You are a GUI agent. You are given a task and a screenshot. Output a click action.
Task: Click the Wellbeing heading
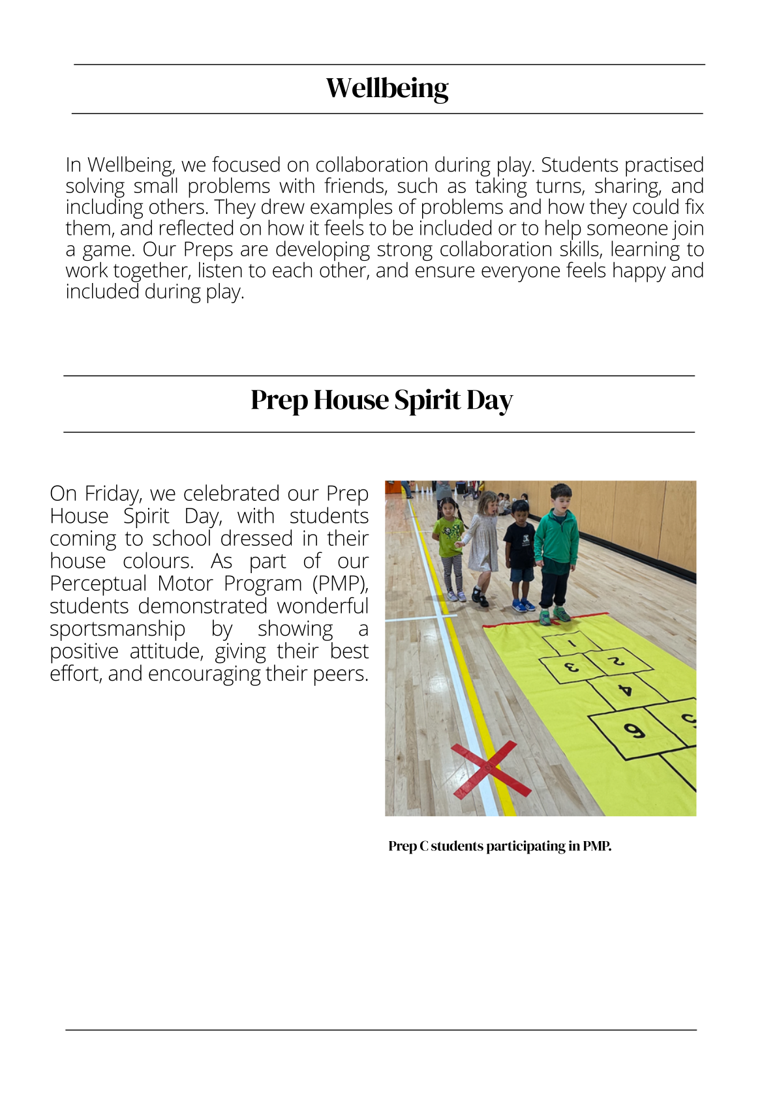point(388,89)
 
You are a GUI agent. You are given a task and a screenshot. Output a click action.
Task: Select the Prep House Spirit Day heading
point(382,400)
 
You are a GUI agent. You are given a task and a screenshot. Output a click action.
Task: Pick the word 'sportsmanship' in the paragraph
point(117,629)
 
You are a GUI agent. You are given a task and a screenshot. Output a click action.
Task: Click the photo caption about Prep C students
point(500,846)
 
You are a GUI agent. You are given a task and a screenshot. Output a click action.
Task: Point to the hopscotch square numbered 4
point(624,689)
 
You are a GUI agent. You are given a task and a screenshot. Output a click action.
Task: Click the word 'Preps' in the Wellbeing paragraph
point(208,250)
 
